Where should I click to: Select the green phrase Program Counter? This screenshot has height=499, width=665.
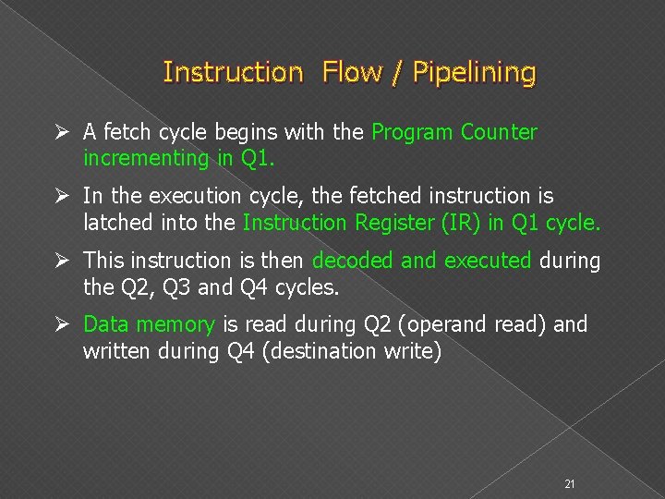click(x=453, y=132)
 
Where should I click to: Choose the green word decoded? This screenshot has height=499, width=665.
click(x=352, y=261)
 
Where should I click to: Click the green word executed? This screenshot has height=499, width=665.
click(x=488, y=261)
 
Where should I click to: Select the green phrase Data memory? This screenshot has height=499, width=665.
click(x=149, y=324)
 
